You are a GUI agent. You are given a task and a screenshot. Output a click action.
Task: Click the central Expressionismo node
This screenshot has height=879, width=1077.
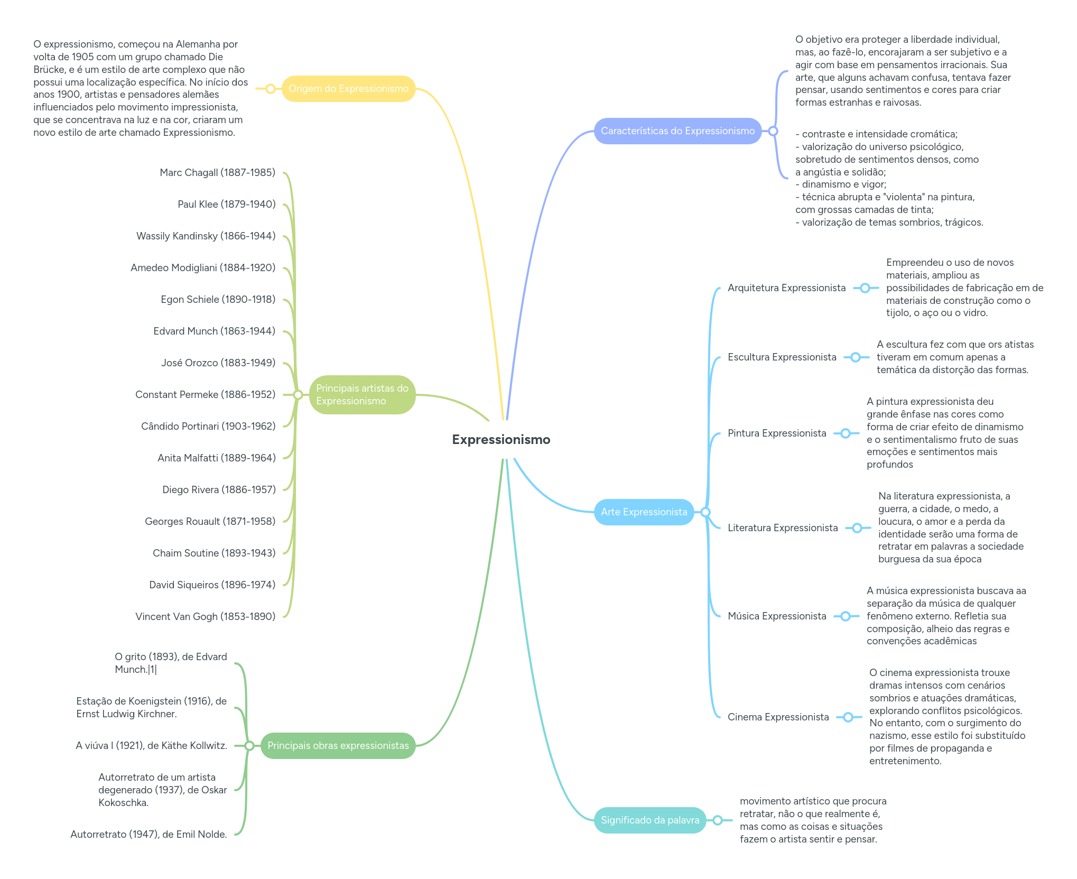(501, 440)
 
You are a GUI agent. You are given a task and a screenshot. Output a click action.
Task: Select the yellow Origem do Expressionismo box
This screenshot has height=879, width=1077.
(348, 89)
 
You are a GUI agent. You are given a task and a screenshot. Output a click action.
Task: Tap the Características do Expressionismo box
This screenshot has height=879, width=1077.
(677, 131)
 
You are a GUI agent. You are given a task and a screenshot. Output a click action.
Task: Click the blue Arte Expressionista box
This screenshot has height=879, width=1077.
(644, 512)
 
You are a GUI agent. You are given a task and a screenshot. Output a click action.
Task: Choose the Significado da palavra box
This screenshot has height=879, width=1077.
(649, 820)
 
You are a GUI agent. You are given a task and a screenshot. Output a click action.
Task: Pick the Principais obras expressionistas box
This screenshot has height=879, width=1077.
(338, 746)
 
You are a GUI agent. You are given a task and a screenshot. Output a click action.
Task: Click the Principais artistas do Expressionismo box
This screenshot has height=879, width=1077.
(362, 395)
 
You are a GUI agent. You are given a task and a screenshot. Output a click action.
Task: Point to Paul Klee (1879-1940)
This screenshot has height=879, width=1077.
(226, 205)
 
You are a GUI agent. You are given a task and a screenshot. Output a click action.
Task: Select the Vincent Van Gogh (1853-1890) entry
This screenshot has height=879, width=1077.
(205, 617)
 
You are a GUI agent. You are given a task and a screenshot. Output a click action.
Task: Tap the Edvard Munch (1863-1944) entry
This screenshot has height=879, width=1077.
(214, 331)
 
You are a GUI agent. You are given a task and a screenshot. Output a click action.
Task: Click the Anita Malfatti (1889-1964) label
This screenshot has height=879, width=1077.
(216, 458)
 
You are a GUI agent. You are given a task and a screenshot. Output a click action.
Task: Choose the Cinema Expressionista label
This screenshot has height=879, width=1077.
(778, 717)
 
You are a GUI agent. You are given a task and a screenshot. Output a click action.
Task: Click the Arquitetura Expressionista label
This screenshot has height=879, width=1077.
(786, 288)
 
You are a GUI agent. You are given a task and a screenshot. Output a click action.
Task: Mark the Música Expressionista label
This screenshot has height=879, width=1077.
(776, 616)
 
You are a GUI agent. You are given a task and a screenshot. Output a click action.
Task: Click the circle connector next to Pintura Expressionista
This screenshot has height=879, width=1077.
(846, 433)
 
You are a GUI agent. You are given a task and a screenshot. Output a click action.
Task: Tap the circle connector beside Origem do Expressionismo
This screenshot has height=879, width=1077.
(271, 89)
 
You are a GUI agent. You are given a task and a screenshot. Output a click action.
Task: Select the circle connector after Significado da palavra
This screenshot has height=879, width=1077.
(718, 820)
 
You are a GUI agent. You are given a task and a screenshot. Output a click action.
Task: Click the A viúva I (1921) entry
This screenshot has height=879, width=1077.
(151, 746)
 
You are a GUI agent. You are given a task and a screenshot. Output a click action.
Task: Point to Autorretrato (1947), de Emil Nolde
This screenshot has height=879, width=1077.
(148, 835)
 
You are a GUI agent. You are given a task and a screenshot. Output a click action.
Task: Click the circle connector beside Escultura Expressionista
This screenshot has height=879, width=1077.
(856, 357)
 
